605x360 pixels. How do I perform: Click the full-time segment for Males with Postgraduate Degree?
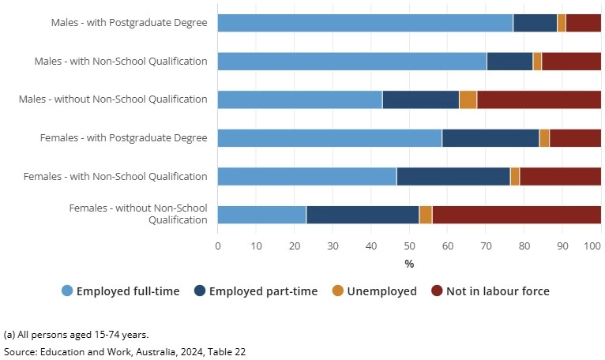[365, 23]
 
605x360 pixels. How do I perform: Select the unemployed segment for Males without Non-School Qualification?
[468, 99]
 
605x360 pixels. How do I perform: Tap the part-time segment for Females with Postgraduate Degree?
[490, 138]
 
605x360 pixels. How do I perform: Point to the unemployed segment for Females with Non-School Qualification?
[515, 176]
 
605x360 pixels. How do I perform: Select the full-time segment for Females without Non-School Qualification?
[261, 215]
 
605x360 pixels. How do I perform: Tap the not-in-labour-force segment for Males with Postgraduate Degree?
[584, 23]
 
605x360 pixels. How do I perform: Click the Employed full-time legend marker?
[67, 291]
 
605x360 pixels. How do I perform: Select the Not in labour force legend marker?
[437, 291]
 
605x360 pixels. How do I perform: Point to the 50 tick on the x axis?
[409, 246]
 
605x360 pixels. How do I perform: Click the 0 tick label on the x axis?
[218, 246]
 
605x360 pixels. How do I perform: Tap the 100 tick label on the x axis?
[592, 246]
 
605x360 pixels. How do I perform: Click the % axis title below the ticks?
[409, 264]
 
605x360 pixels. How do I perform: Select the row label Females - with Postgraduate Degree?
[124, 138]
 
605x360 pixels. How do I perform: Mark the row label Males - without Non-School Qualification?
[113, 99]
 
